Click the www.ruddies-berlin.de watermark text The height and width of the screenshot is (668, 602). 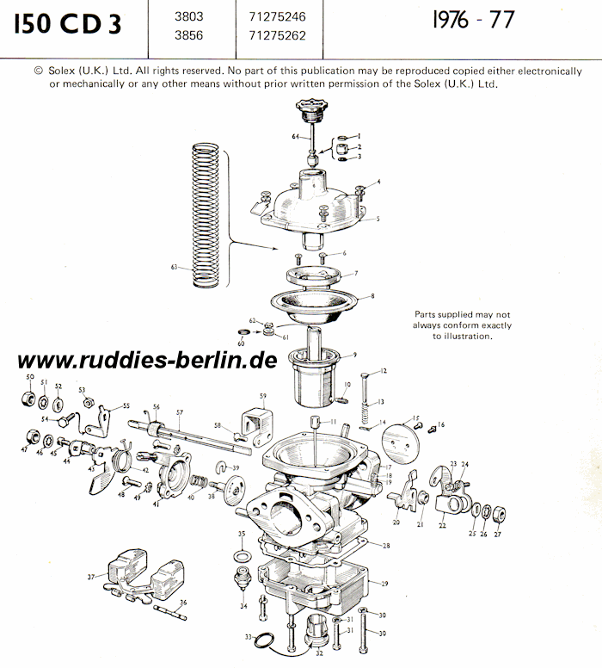tap(146, 360)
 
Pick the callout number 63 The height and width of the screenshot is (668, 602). tap(174, 268)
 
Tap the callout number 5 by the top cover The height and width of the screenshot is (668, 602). tap(378, 220)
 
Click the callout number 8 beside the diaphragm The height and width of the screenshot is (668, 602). tap(372, 296)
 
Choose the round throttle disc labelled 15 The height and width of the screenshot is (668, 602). tap(399, 446)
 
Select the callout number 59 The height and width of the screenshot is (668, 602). tap(263, 396)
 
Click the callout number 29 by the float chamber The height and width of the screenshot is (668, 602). tap(384, 583)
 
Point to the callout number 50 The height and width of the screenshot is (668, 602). tap(30, 378)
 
